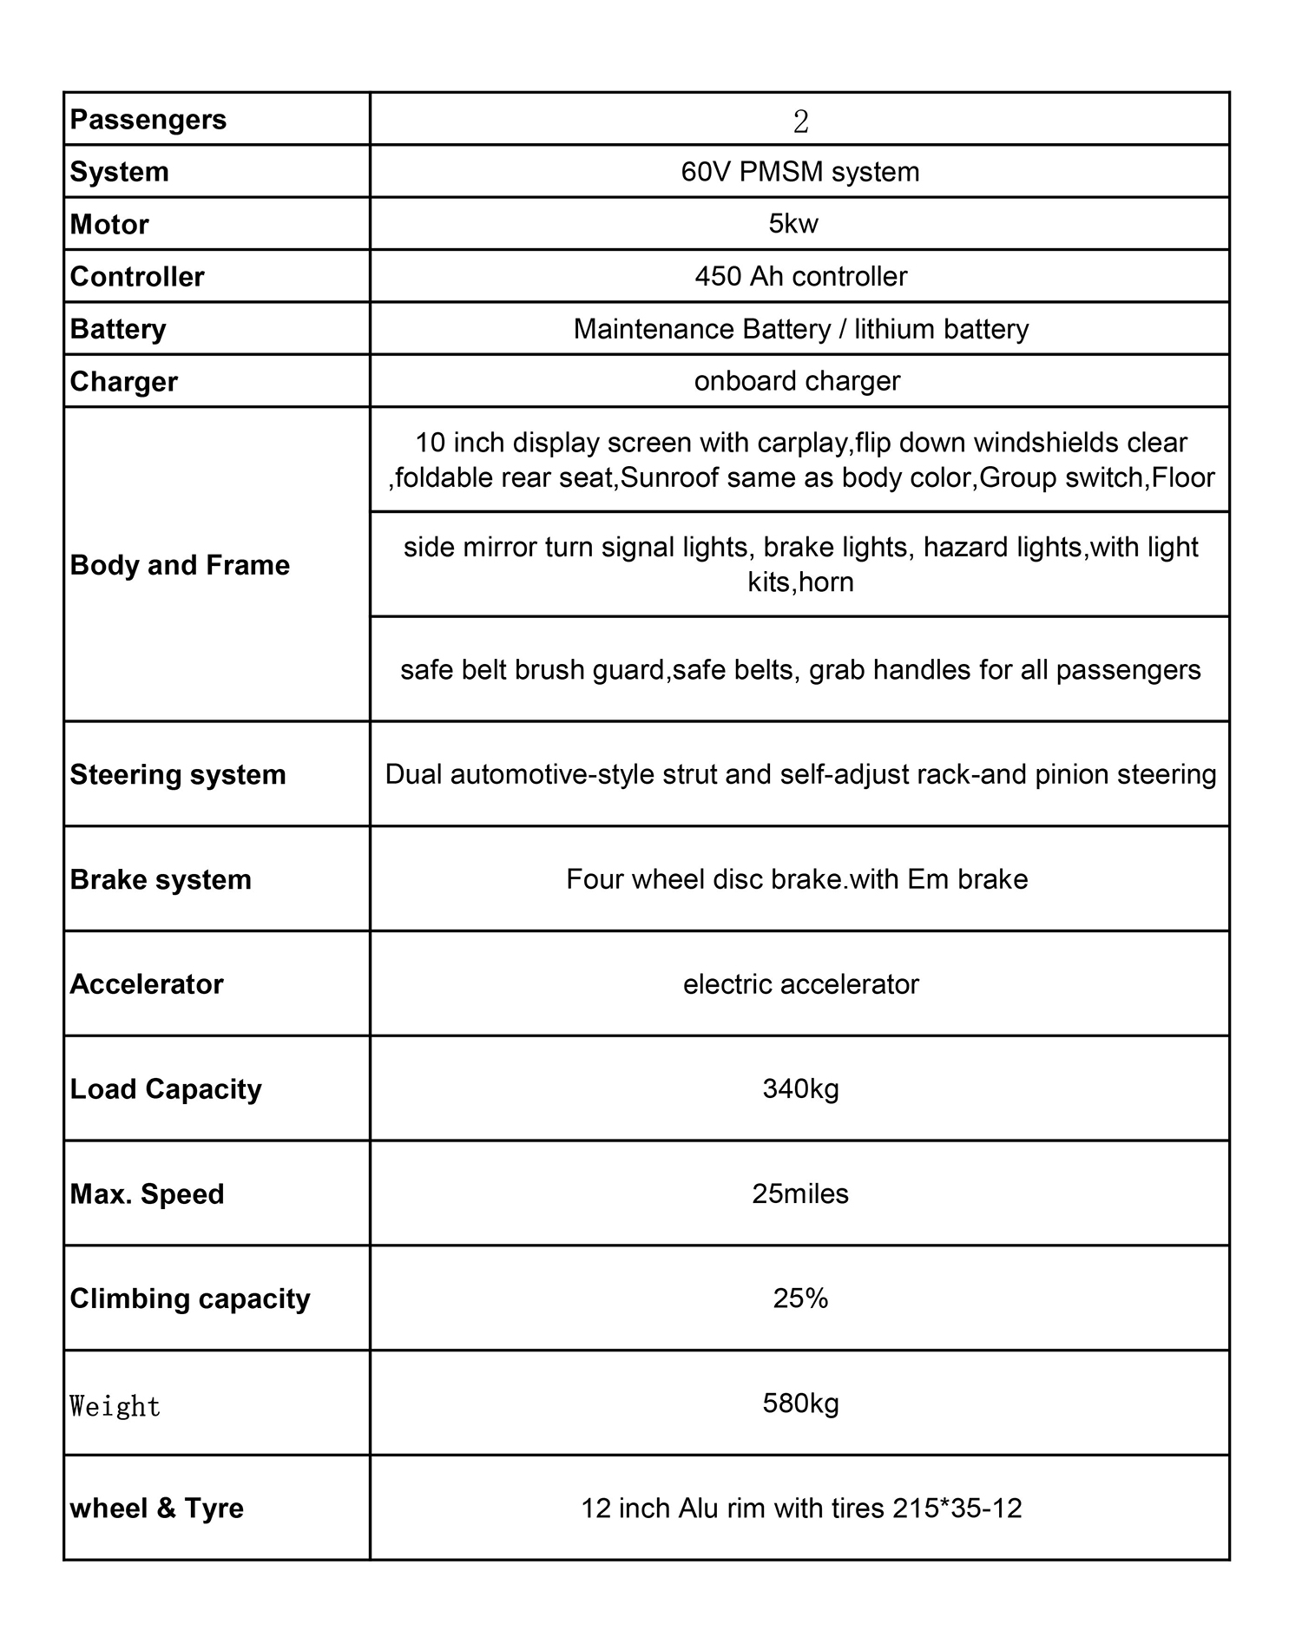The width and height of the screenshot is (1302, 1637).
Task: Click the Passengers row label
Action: click(148, 120)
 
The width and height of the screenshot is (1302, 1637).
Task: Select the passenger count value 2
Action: click(800, 122)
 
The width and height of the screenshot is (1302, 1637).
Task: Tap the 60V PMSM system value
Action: click(799, 172)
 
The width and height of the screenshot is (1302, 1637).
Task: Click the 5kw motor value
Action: click(793, 224)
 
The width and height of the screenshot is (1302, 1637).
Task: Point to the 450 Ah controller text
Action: click(800, 277)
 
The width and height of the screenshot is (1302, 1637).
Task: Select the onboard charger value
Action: click(797, 381)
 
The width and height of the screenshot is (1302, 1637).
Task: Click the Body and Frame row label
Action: click(180, 565)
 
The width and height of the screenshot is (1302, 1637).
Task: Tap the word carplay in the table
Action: click(802, 443)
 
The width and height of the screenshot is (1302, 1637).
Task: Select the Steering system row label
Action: click(177, 774)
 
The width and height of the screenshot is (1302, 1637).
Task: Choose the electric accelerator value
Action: click(800, 984)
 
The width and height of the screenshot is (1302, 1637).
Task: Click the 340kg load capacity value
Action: click(800, 1088)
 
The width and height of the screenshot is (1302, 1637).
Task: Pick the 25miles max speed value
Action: click(800, 1193)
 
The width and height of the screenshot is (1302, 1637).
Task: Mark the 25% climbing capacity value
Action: click(800, 1298)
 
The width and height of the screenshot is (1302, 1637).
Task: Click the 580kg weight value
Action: click(800, 1403)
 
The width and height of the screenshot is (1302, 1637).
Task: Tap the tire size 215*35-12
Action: click(957, 1508)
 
